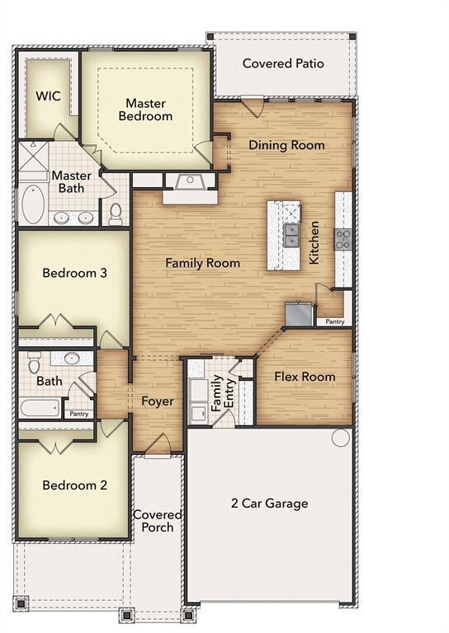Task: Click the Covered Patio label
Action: [x=283, y=63]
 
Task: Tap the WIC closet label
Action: [x=48, y=96]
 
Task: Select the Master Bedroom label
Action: [x=145, y=110]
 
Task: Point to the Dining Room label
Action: [x=286, y=145]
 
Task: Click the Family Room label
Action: [x=202, y=263]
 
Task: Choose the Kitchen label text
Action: [x=314, y=242]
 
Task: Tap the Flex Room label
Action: [x=305, y=377]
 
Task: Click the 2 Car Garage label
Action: [x=269, y=504]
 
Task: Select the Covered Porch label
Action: [x=158, y=521]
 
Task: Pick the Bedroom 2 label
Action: [x=74, y=485]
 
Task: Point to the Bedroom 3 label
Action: [x=74, y=273]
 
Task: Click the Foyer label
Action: [x=157, y=401]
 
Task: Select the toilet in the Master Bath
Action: [x=116, y=213]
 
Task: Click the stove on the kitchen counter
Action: [x=343, y=239]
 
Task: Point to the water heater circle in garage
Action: [x=342, y=438]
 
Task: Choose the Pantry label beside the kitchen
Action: [x=334, y=322]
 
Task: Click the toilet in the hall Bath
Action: [x=34, y=362]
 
